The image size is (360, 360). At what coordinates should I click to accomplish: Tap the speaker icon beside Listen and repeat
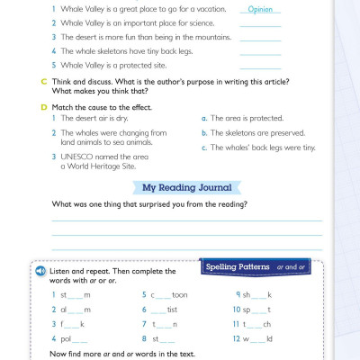40,271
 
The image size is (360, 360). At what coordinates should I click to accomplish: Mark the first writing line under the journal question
187,220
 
